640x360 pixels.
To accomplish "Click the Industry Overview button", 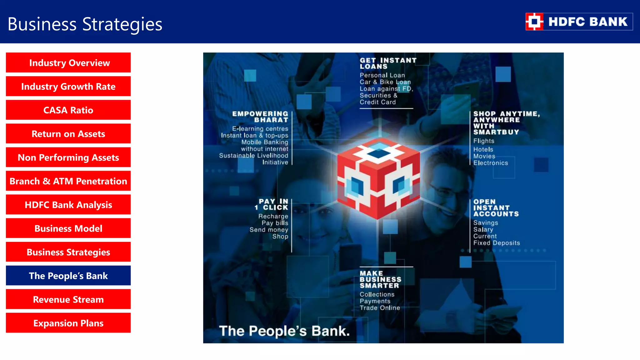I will tap(68, 63).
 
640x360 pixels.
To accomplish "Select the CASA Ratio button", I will tap(68, 110).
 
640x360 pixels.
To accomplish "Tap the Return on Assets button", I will tap(68, 134).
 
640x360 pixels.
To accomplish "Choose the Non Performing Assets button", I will tap(68, 157).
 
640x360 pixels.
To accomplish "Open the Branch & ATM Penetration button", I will tap(68, 181).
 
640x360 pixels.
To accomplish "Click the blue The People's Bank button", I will tap(68, 276).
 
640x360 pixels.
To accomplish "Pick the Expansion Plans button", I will tap(68, 323).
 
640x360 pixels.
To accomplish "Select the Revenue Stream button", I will tap(68, 299).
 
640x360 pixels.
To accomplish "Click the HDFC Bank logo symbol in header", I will tap(534, 22).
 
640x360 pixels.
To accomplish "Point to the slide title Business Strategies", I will tap(85, 24).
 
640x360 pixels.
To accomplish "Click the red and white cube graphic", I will tap(378, 178).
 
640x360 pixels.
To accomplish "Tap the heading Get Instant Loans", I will tap(388, 63).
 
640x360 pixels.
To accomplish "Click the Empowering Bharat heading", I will tap(260, 117).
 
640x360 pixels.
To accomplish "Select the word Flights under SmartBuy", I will tap(484, 141).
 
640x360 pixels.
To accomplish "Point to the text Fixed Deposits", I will tap(497, 243).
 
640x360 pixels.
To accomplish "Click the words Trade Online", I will tap(380, 308).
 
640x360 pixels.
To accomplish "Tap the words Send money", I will tap(269, 230).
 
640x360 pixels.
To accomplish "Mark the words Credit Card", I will tap(377, 102).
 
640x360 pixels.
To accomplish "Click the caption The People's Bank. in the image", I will tap(284, 331).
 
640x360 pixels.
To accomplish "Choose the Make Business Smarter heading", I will tap(380, 279).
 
